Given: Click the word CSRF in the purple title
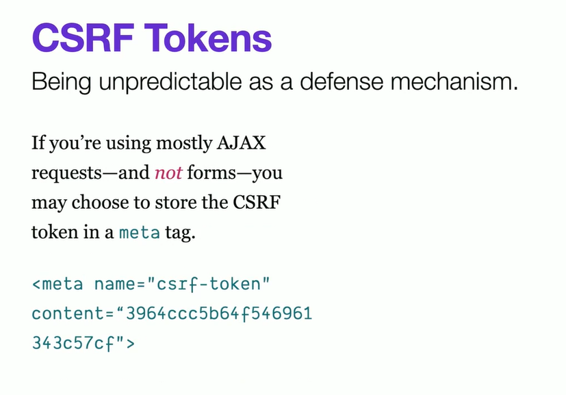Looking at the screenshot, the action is [83, 38].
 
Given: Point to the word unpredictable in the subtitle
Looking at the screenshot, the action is [170, 82].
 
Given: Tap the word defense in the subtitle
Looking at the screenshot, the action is [342, 81].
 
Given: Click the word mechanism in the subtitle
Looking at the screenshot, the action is [454, 81].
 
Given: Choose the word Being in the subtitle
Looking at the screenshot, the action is [62, 82].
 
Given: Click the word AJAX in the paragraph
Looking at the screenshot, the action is [241, 143].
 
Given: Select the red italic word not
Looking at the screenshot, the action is [168, 173].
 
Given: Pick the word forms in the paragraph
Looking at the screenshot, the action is [211, 173].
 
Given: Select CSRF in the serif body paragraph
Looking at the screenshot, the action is [257, 202].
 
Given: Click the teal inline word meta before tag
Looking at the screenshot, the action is [140, 233].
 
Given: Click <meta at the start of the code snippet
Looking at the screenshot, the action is [57, 284].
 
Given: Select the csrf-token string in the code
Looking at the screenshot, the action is [209, 284].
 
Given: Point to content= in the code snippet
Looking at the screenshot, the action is [73, 314].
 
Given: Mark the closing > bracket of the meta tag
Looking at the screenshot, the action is [131, 344].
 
